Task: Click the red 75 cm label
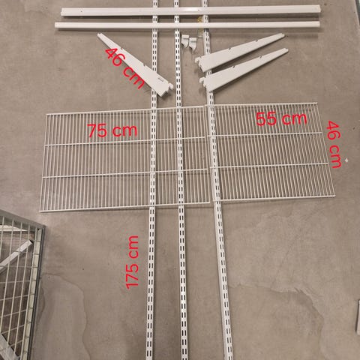pos(112,130)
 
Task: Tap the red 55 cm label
pos(281,118)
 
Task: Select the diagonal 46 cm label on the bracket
pos(124,68)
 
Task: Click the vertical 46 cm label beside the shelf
pos(334,144)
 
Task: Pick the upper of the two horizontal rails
pos(190,11)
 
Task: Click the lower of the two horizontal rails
pos(187,25)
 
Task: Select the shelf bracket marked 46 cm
pos(135,65)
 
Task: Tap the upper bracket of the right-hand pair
pos(239,52)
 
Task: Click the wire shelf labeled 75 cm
pos(125,159)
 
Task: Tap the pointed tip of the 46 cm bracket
pos(99,34)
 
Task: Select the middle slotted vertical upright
pos(180,180)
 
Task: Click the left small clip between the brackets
pos(185,40)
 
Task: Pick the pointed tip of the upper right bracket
pos(283,35)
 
